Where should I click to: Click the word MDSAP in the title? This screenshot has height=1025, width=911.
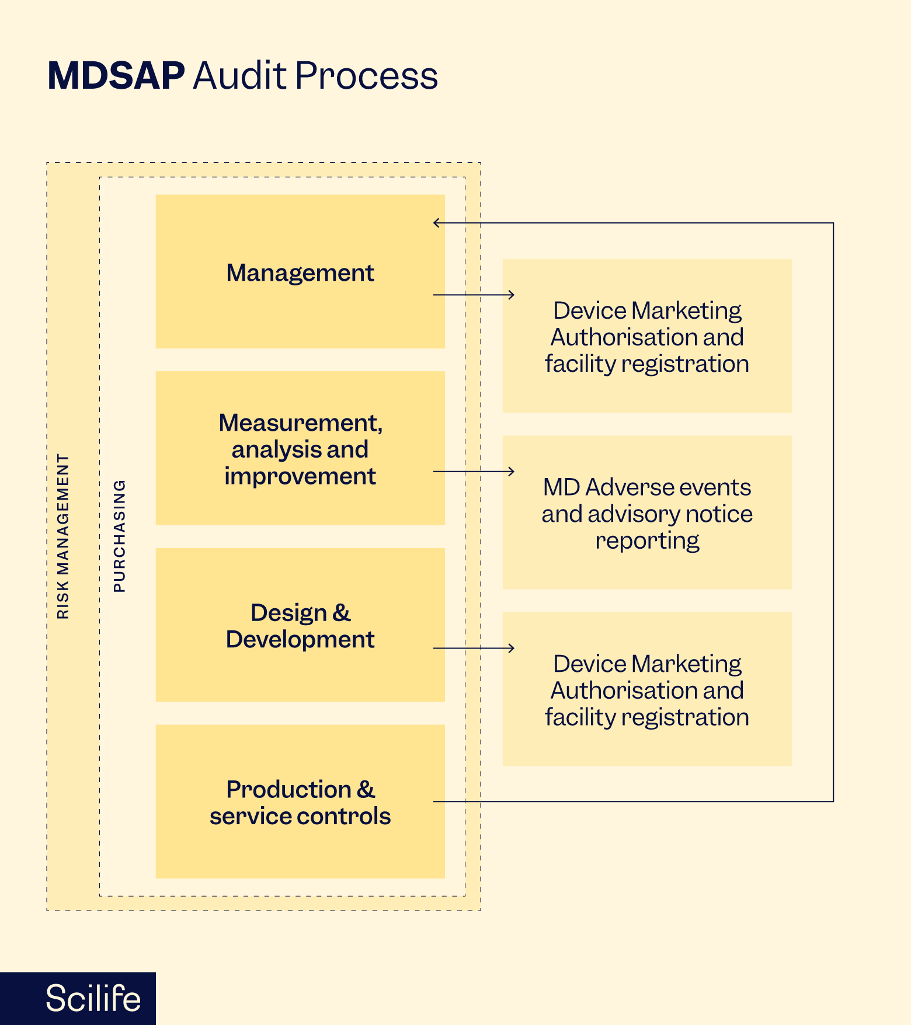point(116,76)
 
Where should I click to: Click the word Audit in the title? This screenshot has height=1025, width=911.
point(239,76)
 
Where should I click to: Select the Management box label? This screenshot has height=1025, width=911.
point(300,273)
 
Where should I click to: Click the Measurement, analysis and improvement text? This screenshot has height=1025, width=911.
point(300,449)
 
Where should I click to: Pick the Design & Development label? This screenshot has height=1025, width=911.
point(300,626)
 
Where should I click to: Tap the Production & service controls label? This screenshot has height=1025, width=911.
point(300,803)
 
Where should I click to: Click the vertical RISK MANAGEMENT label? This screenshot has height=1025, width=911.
point(63,536)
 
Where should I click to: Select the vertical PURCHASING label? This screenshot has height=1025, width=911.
point(120,536)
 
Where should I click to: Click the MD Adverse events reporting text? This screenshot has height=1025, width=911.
point(647,514)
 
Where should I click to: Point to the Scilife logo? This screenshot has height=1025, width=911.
point(93,998)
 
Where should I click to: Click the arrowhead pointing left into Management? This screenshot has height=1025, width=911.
point(436,223)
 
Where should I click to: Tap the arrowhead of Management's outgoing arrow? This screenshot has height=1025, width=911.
point(512,295)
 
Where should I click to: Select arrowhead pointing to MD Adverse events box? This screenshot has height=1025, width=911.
point(512,471)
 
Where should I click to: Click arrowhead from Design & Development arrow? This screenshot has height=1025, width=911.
point(512,648)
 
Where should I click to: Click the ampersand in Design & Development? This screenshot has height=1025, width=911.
point(342,613)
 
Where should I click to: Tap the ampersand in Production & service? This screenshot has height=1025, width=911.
point(366,789)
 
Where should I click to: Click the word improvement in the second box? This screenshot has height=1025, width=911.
point(300,476)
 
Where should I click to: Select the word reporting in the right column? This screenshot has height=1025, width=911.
point(647,541)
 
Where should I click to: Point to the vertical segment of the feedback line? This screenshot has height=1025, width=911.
point(833,512)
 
